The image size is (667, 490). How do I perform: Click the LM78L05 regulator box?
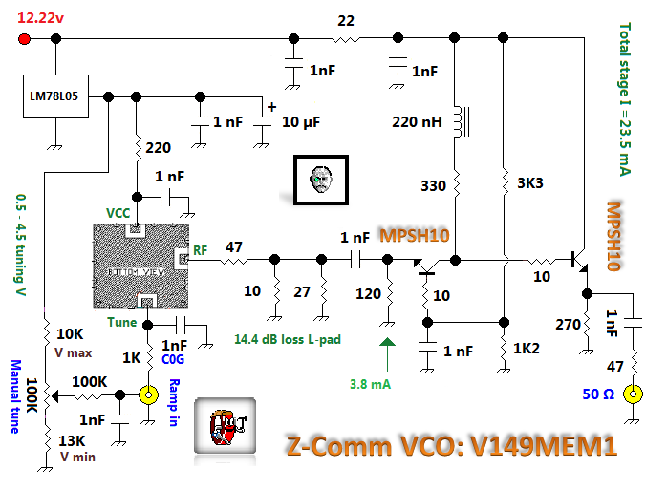pos(56,97)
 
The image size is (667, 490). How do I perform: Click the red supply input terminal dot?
pos(25,39)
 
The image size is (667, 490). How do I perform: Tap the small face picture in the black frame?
pos(320,179)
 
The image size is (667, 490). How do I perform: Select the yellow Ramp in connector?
pos(148,394)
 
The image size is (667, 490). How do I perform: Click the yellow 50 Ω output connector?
pos(632,394)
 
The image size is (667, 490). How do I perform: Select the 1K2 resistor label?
pos(528,349)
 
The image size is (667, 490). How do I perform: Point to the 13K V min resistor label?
pos(74,448)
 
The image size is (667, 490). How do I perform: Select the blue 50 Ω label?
pos(599,394)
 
